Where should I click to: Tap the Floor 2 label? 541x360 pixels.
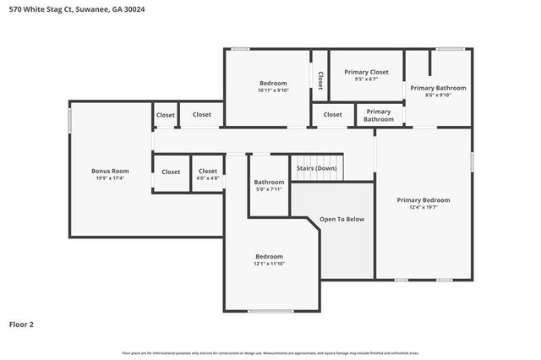(21, 324)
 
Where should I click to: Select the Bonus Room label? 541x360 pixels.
(110, 171)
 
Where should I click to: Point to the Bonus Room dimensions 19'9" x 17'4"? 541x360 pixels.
(110, 178)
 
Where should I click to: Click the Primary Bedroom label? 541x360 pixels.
(423, 200)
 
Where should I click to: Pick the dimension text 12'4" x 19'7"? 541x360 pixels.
(423, 208)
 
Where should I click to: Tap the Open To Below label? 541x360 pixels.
(342, 219)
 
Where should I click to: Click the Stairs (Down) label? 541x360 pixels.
(316, 168)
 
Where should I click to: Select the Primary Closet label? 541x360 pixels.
(366, 72)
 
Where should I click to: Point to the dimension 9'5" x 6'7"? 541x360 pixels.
(366, 79)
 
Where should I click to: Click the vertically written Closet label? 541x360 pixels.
(320, 79)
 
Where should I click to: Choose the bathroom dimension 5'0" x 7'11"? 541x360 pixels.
(269, 189)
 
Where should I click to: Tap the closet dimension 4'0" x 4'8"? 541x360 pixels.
(208, 178)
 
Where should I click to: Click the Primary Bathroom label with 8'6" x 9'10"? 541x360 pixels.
(438, 88)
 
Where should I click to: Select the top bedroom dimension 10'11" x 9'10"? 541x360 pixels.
(273, 90)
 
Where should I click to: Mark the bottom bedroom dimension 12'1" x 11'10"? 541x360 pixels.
(269, 264)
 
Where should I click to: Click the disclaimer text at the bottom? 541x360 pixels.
(270, 352)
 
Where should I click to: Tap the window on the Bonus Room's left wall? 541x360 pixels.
(69, 117)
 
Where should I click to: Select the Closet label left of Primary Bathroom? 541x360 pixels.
(333, 114)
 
